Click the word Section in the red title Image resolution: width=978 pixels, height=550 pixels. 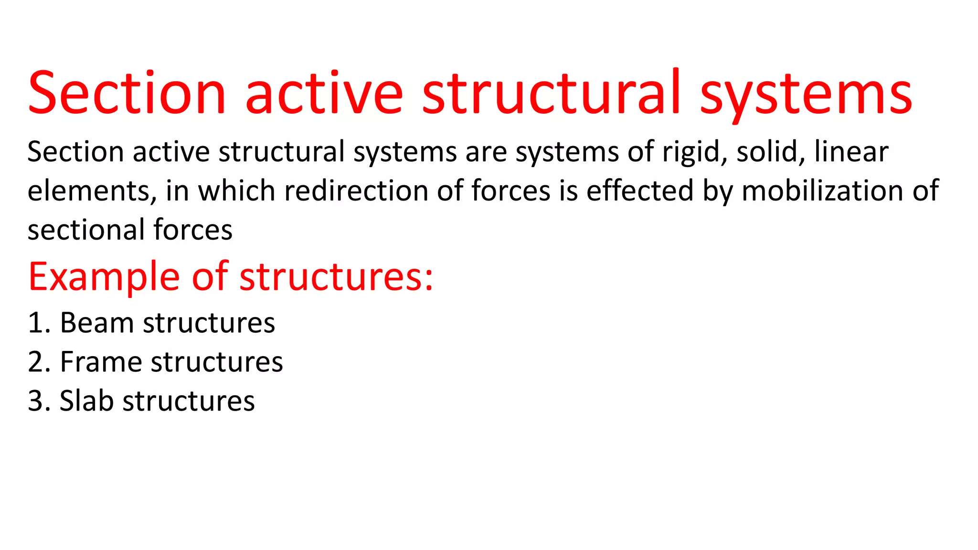(x=127, y=93)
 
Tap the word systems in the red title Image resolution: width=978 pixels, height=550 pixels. (x=806, y=93)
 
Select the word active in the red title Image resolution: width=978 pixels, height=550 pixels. (x=324, y=93)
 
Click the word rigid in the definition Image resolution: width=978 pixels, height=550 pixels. (x=694, y=152)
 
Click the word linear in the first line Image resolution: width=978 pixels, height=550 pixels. (x=851, y=152)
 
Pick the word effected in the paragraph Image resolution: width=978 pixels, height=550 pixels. (x=640, y=191)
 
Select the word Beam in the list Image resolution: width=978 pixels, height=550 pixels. (x=97, y=323)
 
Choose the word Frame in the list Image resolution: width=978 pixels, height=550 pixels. (x=101, y=362)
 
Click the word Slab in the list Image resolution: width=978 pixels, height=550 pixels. (x=86, y=401)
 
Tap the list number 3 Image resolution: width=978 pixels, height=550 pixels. (x=36, y=401)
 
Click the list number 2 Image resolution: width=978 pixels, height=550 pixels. (x=36, y=362)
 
